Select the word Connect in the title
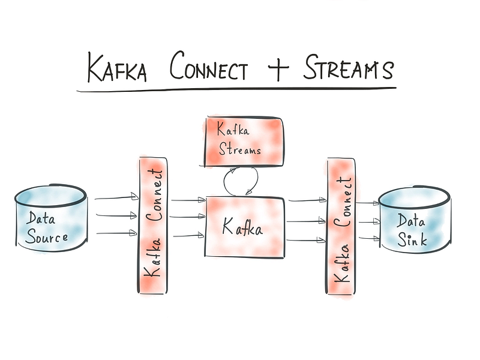208,66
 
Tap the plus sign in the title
278,67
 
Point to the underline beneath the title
236,89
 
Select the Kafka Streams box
244,142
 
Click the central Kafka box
244,227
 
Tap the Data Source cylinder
51,218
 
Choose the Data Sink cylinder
415,220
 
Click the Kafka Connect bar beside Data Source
153,226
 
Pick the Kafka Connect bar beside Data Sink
341,227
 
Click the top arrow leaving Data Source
116,197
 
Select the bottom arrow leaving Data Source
116,233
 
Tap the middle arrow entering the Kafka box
187,217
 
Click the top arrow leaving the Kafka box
307,200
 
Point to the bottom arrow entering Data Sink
369,238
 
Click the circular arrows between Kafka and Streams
241,181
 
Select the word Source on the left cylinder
47,237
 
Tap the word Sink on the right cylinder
412,239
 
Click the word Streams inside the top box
239,149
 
